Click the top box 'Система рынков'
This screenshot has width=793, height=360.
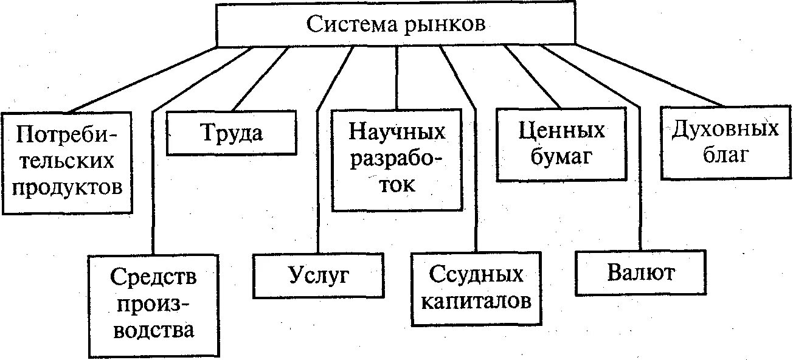(x=396, y=25)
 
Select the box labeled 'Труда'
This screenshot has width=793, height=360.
(x=231, y=132)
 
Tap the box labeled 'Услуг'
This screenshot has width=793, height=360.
(x=318, y=275)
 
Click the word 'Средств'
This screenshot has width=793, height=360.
(x=154, y=277)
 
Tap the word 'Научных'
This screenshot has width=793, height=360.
(x=396, y=131)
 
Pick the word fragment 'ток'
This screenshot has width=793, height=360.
(x=396, y=184)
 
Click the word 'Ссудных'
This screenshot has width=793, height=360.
(x=476, y=274)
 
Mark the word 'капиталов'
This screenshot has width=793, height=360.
(x=476, y=300)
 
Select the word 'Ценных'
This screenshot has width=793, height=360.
(x=561, y=130)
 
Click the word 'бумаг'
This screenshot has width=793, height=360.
(x=561, y=157)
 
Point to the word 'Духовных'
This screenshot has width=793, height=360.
(x=725, y=130)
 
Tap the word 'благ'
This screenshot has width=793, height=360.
(x=725, y=156)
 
